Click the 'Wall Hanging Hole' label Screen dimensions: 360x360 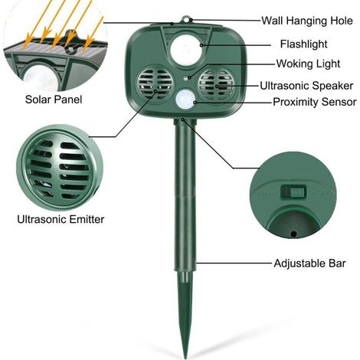307,21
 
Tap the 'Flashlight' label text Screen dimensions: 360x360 303,44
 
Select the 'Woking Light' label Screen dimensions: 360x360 308,64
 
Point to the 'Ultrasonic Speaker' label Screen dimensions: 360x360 306,86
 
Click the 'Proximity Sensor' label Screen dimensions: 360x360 315,102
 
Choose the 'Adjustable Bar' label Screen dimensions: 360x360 309,263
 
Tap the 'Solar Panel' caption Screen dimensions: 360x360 54,100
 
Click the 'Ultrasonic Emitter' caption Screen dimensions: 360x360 61,219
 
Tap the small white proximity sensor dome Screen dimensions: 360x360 185,99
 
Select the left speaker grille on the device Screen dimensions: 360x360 155,83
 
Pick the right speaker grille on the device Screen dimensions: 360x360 216,83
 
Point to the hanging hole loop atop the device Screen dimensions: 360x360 185,20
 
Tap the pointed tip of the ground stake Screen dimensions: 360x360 185,358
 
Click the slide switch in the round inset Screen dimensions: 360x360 293,192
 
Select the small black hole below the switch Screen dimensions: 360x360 293,234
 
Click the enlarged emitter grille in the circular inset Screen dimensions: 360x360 60,169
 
